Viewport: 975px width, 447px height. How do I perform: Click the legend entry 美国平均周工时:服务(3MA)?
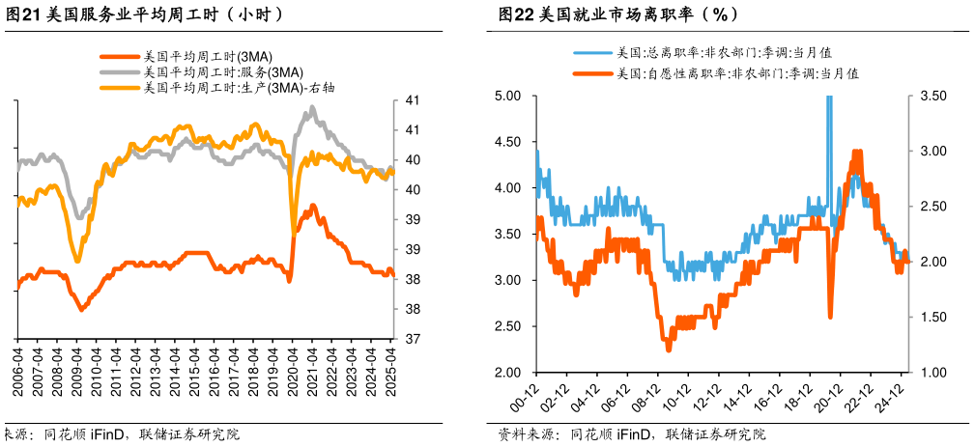[222, 72]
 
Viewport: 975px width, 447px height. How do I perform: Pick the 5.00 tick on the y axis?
[507, 96]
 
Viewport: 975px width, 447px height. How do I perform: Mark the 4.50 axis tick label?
[507, 142]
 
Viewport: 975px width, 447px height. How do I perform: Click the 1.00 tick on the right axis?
[933, 373]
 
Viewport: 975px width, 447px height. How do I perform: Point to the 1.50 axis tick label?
[933, 318]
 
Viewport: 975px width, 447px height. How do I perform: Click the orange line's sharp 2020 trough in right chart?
[830, 315]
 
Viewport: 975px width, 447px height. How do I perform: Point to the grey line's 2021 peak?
[311, 109]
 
